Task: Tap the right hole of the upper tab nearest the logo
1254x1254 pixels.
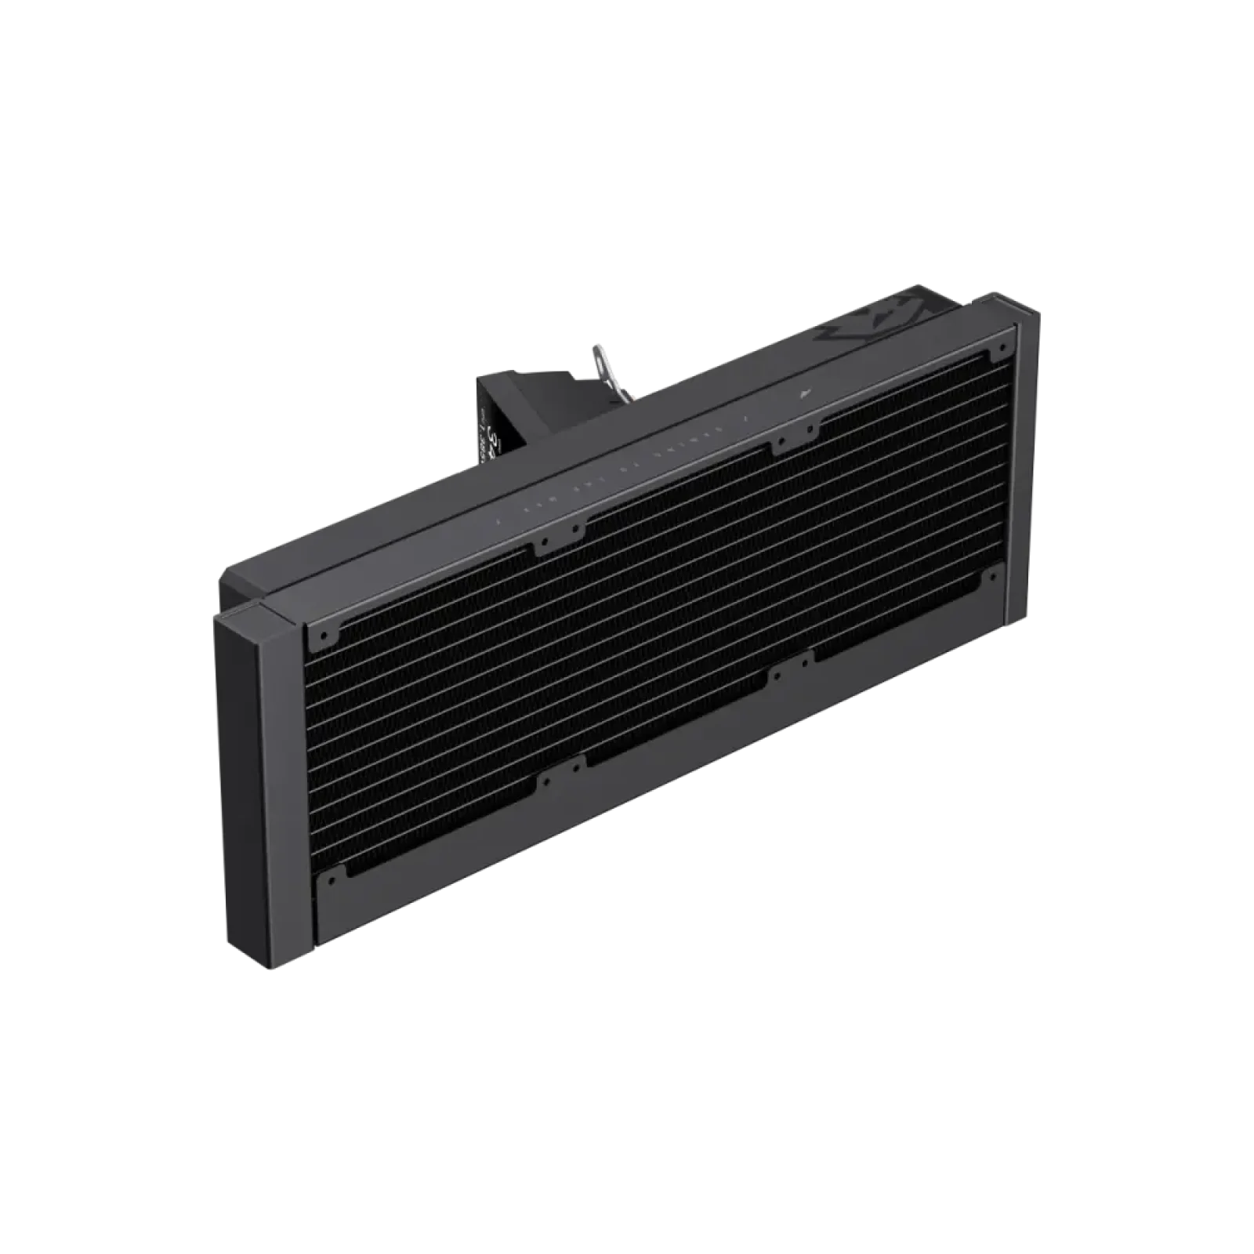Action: [814, 429]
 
